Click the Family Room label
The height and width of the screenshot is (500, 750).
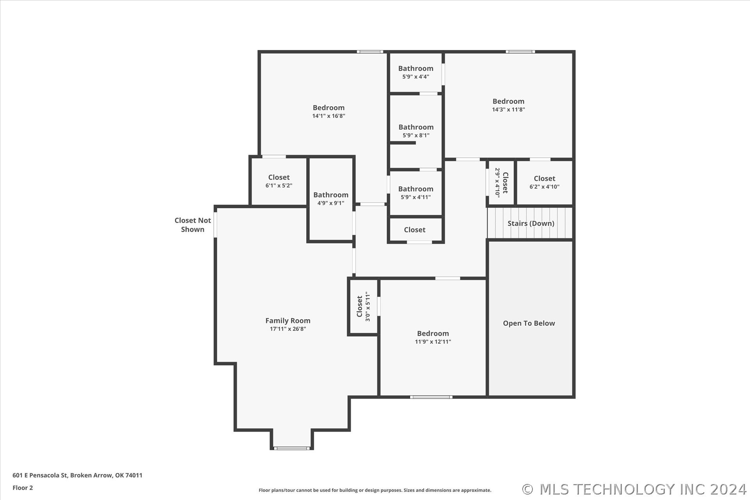[x=288, y=321]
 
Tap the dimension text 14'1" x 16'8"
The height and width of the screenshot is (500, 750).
[x=329, y=116]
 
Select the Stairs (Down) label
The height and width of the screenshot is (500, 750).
[x=531, y=223]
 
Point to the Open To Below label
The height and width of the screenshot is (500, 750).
[x=529, y=323]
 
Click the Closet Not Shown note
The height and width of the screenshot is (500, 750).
[x=193, y=225]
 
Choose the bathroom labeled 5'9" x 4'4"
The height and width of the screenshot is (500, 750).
[x=416, y=72]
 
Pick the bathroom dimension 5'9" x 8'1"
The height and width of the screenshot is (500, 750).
[x=416, y=136]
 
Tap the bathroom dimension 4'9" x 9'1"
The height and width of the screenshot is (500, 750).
[x=331, y=203]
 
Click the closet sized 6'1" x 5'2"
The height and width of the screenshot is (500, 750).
[x=279, y=181]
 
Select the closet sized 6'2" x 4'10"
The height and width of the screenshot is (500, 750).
[x=545, y=182]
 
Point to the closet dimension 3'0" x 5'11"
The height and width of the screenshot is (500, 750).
[x=368, y=307]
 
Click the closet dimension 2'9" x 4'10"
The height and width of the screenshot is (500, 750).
[x=497, y=183]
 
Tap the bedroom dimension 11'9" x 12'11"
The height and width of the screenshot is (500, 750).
[x=433, y=342]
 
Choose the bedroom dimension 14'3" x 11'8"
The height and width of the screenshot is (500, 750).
[x=508, y=110]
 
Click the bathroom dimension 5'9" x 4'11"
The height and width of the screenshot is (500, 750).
[x=416, y=197]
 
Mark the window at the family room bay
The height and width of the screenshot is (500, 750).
[x=292, y=448]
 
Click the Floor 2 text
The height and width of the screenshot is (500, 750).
[x=23, y=487]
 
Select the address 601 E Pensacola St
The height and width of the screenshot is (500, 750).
[x=40, y=475]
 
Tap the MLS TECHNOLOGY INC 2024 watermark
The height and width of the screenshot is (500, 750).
[x=634, y=489]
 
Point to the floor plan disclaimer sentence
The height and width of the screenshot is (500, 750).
[x=375, y=490]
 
